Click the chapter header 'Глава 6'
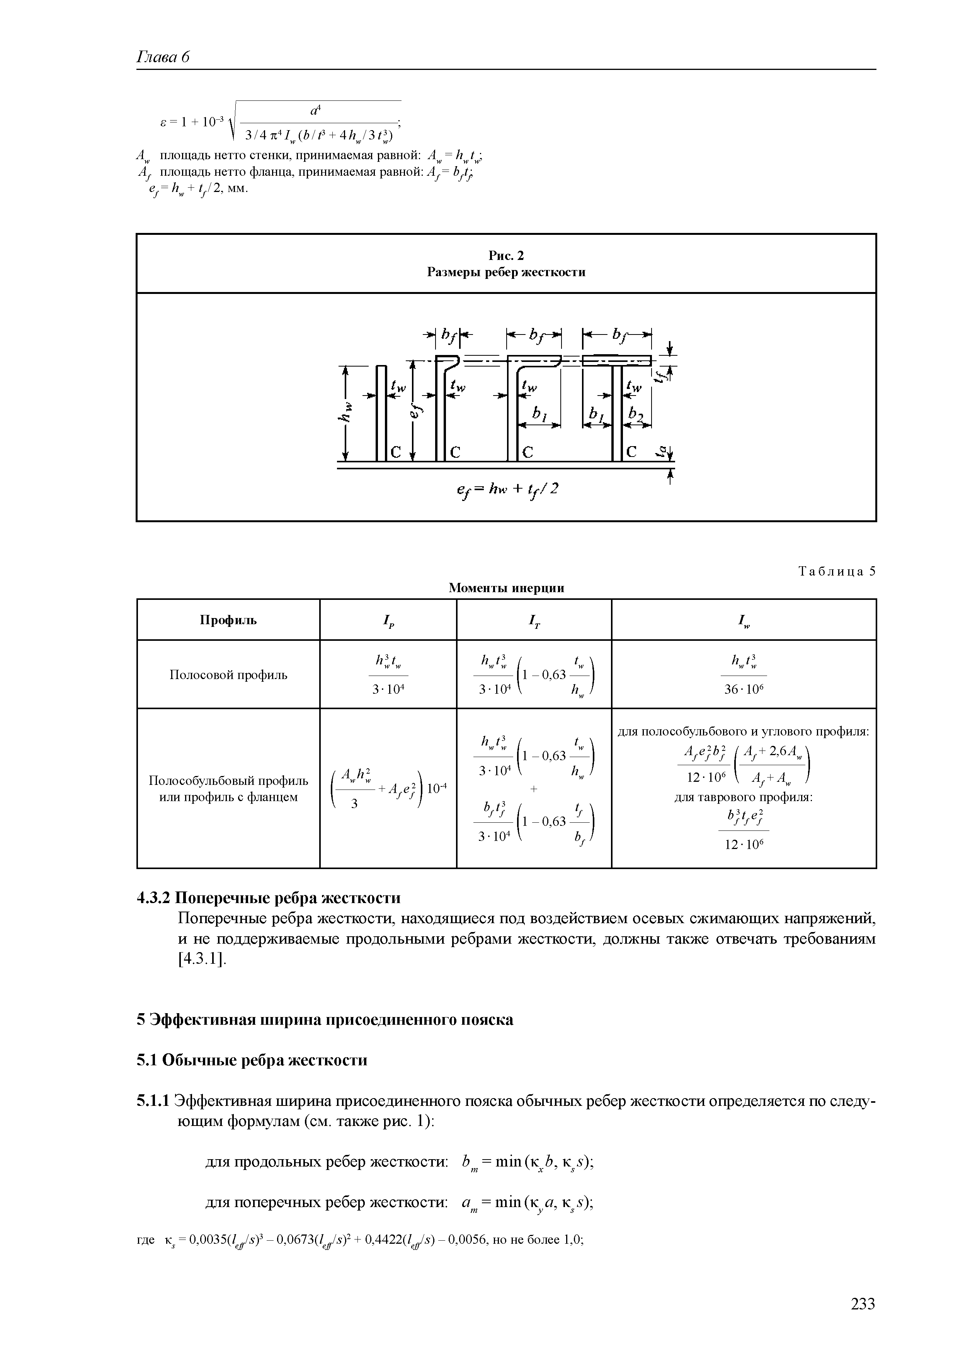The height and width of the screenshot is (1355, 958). [163, 57]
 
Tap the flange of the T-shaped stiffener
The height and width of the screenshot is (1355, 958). [616, 361]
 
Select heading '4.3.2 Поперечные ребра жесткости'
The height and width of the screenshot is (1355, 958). [269, 898]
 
